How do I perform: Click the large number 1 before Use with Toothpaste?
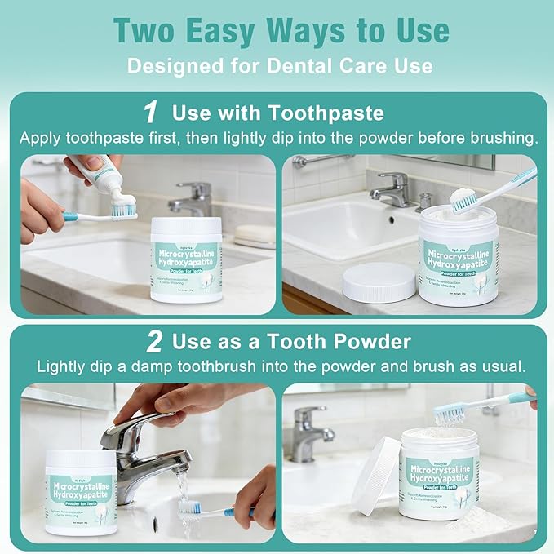click(150, 111)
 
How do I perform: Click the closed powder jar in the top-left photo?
click(187, 259)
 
